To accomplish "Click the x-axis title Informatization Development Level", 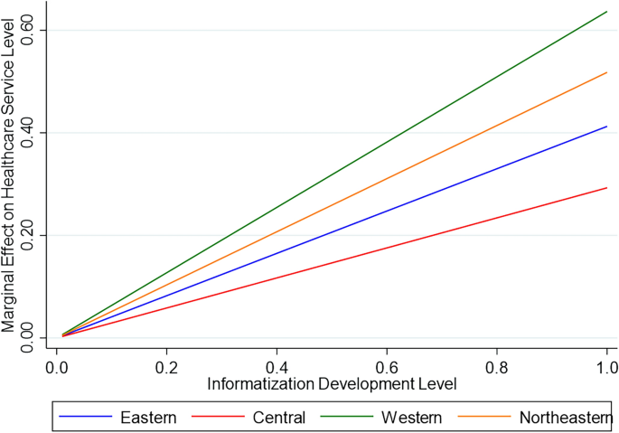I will tap(332, 383).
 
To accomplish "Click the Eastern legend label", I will tap(148, 417).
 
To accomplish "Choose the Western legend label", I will tap(411, 417).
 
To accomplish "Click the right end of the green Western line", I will tap(606, 12).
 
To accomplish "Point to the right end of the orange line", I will tap(606, 72).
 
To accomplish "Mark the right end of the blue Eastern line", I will tap(606, 127).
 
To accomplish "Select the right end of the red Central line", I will tap(606, 188).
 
